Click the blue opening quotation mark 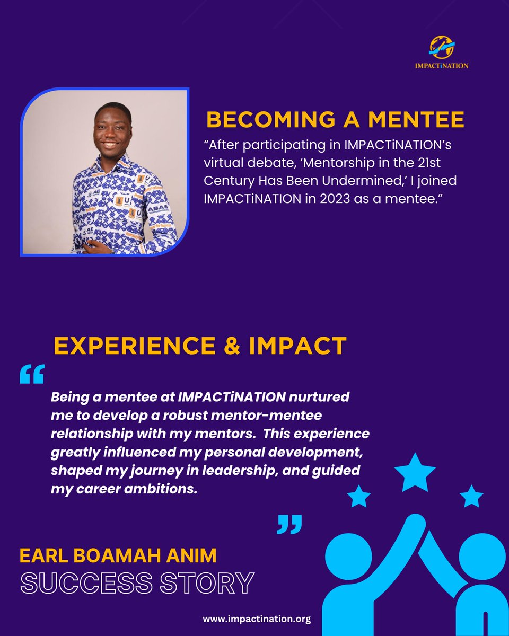[x=32, y=374]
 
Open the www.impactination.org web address [x=257, y=619]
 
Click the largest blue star [x=414, y=472]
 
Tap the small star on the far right [x=471, y=497]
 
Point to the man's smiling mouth [x=110, y=145]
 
